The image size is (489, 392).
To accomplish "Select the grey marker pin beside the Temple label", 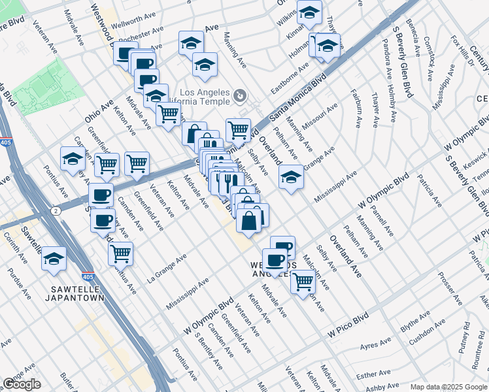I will (x=241, y=96).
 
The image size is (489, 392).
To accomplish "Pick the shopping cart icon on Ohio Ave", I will (x=169, y=114).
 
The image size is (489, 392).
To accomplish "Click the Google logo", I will (x=22, y=384).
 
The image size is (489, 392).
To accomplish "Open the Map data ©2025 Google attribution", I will (x=448, y=387).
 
